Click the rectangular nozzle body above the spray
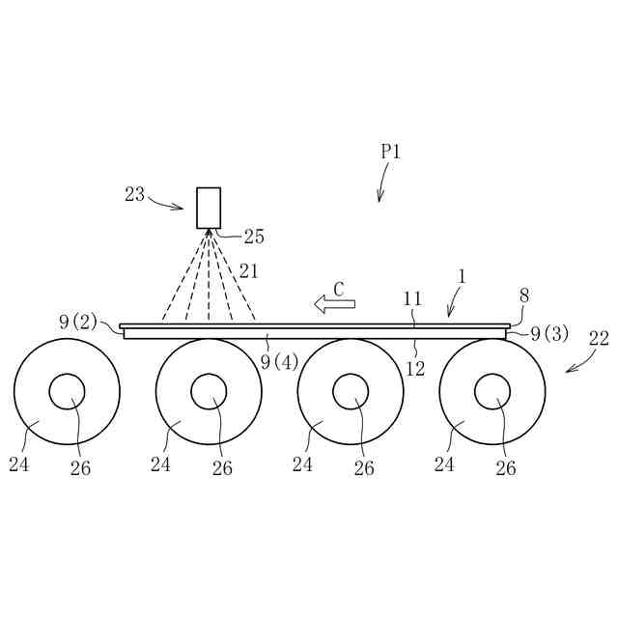pos(209,208)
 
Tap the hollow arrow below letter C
pos(335,304)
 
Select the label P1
pos(390,152)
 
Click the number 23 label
pos(135,195)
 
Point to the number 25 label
pos(254,237)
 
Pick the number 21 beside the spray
pos(249,271)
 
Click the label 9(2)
pos(78,323)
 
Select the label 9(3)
pos(549,334)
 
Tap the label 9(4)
pos(279,362)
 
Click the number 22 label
pos(599,339)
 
